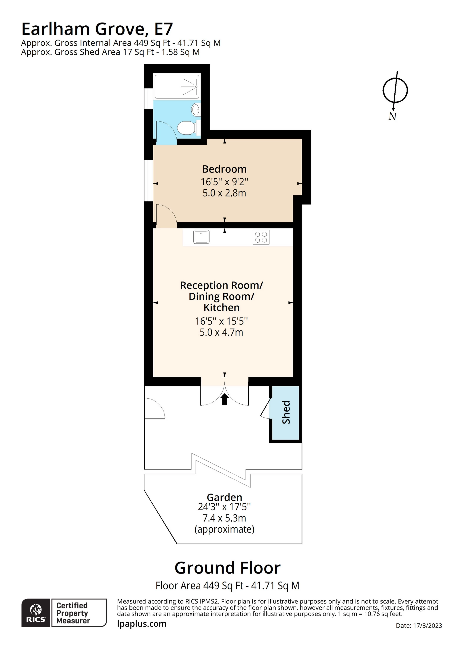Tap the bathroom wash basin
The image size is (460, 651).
(196, 110)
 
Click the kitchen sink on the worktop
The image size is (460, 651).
(201, 237)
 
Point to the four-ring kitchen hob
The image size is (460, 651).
(261, 237)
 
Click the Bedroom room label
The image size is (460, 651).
(224, 169)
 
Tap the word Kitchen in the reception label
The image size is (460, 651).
(222, 308)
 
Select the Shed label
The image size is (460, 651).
(286, 412)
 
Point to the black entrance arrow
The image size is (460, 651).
(225, 399)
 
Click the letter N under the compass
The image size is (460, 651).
(392, 116)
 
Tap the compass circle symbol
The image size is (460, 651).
(395, 90)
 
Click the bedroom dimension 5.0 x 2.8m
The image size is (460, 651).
(224, 193)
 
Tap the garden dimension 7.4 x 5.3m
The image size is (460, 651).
(224, 518)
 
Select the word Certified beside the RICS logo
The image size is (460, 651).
(72, 606)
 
